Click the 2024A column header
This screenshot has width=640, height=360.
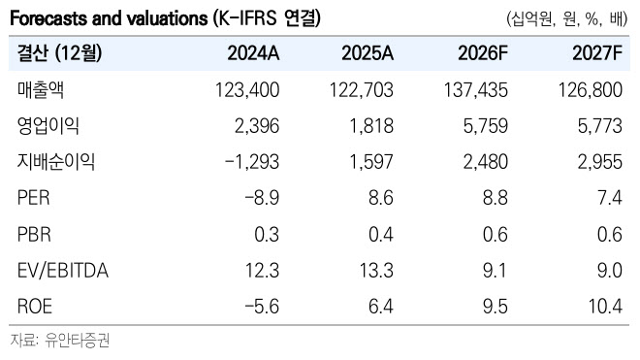(x=253, y=53)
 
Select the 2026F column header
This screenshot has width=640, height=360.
(x=483, y=53)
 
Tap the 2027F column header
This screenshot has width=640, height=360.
(x=597, y=53)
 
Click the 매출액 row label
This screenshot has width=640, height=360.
(x=41, y=90)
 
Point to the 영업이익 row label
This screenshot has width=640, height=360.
(x=48, y=126)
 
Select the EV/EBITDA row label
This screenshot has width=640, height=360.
(x=63, y=271)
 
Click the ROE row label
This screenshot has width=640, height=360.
(x=35, y=307)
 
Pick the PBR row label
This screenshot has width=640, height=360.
(x=34, y=235)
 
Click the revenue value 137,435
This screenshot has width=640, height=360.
(x=476, y=90)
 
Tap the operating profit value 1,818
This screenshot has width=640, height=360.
(x=371, y=126)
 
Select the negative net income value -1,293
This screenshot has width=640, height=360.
(x=252, y=162)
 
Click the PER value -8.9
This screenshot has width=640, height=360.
(x=262, y=198)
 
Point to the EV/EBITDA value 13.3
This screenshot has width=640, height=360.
(x=376, y=271)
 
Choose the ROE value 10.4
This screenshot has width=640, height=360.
(x=605, y=307)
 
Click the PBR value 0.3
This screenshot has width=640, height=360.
(x=267, y=235)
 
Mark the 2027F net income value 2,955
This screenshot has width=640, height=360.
(x=600, y=162)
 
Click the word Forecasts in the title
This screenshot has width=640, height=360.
(x=48, y=18)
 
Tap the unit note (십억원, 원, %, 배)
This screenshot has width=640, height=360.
(x=567, y=18)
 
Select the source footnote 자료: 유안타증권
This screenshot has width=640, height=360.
(x=60, y=340)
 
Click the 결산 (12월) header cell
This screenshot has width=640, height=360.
(x=59, y=53)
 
